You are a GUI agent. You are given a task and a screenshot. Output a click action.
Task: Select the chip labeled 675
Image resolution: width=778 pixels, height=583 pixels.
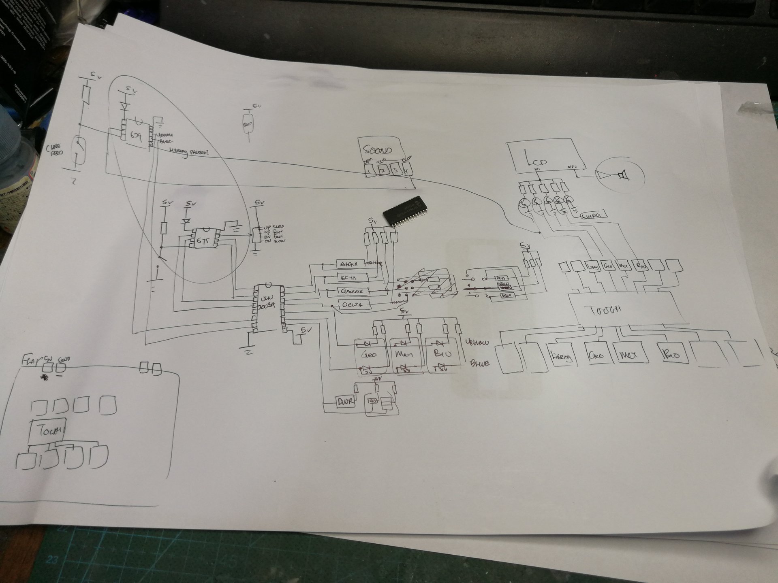point(201,239)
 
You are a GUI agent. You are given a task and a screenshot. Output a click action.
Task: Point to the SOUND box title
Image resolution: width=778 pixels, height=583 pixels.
point(377,150)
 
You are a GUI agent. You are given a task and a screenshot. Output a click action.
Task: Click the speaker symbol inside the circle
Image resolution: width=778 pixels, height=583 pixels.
point(620,175)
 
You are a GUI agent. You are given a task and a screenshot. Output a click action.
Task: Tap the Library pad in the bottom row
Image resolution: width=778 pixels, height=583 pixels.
point(562,357)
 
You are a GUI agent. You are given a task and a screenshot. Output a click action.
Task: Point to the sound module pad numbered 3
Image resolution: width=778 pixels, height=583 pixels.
point(395,169)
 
